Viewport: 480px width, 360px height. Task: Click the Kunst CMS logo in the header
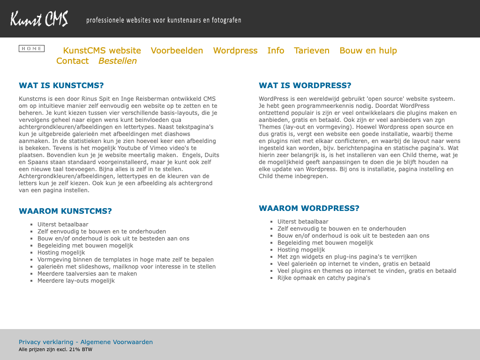point(39,19)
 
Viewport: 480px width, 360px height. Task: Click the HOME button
point(31,49)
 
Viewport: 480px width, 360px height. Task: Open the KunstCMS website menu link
point(102,51)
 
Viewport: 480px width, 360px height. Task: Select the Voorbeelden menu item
point(177,51)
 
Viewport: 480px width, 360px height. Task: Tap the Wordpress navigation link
point(235,51)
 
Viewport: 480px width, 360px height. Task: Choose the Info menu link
point(276,51)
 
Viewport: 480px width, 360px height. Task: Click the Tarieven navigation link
point(312,51)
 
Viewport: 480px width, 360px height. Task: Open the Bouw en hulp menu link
point(368,51)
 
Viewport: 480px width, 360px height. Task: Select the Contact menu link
point(72,61)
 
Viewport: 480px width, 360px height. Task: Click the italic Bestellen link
point(118,61)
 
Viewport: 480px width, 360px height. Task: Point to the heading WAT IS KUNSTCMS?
point(61,85)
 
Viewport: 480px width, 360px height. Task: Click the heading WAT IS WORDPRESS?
point(305,85)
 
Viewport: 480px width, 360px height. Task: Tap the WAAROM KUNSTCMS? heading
point(65,211)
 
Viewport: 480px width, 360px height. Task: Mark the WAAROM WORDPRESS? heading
point(309,208)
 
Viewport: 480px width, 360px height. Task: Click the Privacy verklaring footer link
point(46,342)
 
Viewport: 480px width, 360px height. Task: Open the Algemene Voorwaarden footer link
point(117,342)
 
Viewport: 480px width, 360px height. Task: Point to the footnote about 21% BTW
point(55,350)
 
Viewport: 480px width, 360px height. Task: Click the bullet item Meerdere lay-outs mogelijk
point(76,281)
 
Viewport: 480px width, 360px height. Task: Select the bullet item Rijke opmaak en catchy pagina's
point(324,278)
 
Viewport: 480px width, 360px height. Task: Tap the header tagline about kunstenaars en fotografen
point(164,20)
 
